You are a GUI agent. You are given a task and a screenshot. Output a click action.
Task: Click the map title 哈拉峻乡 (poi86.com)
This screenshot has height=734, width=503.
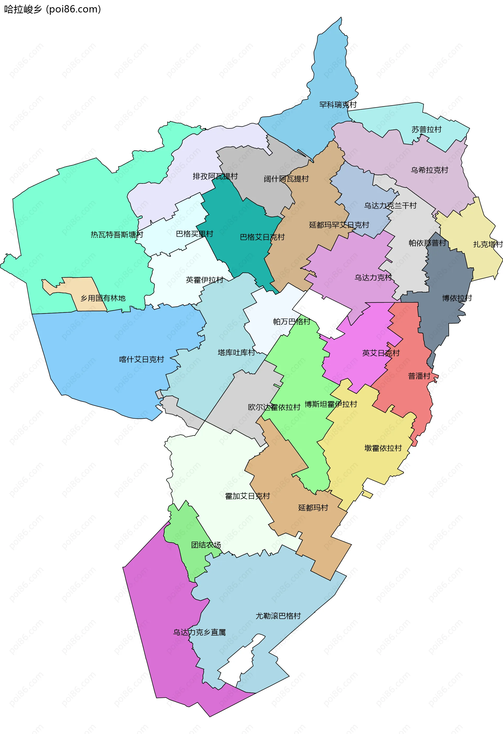point(52,9)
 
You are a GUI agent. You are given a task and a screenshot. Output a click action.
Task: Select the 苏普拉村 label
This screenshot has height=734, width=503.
point(426,129)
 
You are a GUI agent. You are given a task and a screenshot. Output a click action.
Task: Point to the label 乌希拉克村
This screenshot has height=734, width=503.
point(429,170)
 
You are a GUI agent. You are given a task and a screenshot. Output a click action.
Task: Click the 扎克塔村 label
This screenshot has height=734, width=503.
point(487,244)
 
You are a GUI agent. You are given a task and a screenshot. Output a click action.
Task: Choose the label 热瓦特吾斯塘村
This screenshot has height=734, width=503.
point(117,235)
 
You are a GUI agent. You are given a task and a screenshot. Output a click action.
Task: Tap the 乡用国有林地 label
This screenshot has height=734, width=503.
point(103,298)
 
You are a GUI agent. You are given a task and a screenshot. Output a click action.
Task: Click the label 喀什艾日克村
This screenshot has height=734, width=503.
point(141,360)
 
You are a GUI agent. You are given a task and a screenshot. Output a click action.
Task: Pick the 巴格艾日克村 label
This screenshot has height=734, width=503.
point(262,237)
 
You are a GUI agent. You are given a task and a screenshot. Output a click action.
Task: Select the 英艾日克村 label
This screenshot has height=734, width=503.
point(381,353)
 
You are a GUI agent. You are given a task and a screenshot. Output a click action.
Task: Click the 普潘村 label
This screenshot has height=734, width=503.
point(419,376)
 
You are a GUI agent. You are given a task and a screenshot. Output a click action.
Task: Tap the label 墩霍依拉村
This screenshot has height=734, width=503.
point(383,448)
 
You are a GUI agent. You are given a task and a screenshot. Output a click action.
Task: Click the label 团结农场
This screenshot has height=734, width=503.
point(206,545)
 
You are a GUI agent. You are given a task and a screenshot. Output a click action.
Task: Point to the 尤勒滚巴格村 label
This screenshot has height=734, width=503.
point(278,616)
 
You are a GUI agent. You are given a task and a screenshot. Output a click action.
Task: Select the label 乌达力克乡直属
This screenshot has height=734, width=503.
point(199,632)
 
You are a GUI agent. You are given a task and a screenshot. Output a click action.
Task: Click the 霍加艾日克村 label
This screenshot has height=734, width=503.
point(247,496)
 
